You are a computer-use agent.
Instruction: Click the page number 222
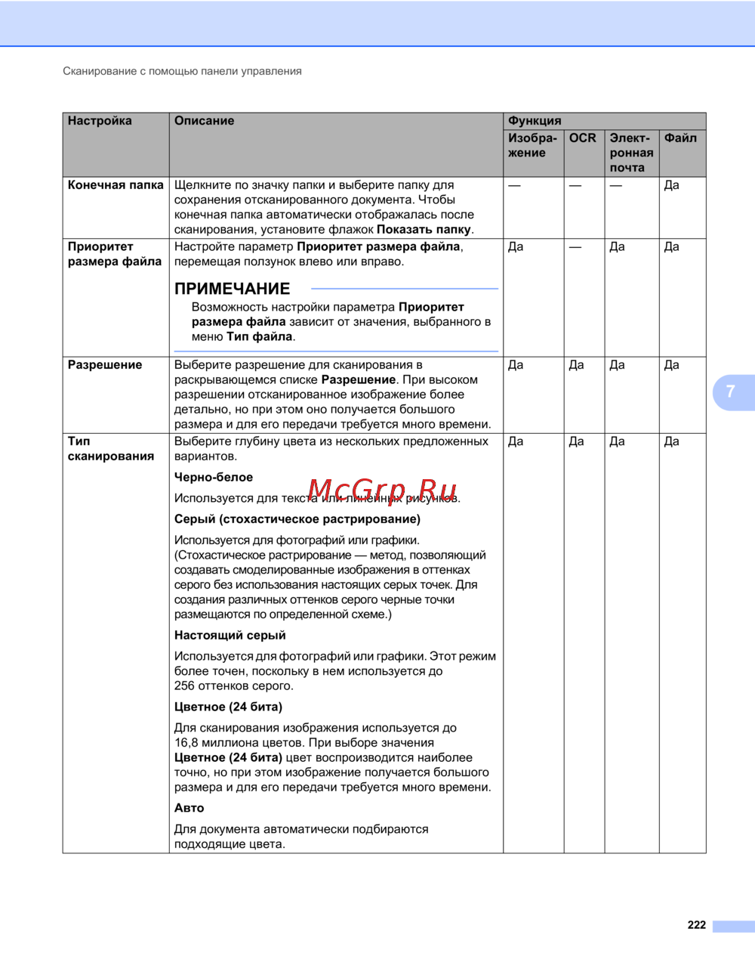[696, 925]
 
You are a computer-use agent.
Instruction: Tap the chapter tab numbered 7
[731, 392]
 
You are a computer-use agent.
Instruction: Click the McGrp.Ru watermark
[382, 491]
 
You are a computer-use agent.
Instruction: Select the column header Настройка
[100, 121]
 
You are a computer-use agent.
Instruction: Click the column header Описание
[204, 121]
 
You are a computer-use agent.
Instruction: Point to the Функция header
[535, 121]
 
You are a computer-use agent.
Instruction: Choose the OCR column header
[582, 138]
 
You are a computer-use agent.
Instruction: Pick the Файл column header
[680, 138]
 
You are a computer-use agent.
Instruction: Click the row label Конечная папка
[116, 185]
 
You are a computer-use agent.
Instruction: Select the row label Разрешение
[105, 365]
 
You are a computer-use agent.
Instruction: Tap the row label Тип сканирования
[110, 449]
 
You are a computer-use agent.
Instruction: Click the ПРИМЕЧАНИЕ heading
[232, 289]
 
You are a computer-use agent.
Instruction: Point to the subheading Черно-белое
[214, 478]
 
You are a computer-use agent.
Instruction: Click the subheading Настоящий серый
[230, 636]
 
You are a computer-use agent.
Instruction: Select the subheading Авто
[189, 808]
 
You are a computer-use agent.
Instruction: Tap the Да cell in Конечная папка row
[671, 185]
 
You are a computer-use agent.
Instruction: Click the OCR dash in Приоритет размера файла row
[575, 247]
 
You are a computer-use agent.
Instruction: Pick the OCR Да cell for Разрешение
[576, 365]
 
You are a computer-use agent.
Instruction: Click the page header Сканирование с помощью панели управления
[182, 71]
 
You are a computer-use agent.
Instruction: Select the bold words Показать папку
[424, 230]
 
